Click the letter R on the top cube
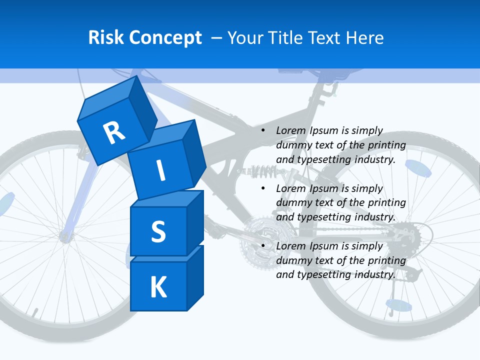click(x=114, y=133)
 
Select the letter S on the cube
click(x=158, y=231)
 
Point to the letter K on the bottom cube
click(x=158, y=287)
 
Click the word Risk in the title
click(x=106, y=37)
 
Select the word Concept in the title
click(x=166, y=38)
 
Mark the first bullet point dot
click(x=263, y=131)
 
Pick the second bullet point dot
click(x=263, y=188)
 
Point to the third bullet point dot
click(x=263, y=246)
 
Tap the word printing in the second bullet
click(x=386, y=202)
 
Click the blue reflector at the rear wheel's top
click(x=417, y=168)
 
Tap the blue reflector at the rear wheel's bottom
click(x=398, y=304)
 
